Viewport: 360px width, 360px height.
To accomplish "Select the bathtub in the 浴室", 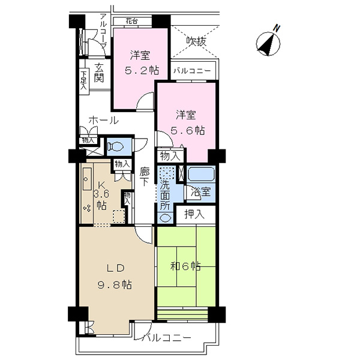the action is coord(201,174).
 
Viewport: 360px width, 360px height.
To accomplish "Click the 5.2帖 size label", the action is coord(142,70).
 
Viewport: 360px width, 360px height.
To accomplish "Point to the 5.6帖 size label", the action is coord(188,131).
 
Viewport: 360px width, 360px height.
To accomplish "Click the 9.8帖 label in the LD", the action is coord(115,284).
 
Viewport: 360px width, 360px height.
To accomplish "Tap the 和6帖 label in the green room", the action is coord(185,266).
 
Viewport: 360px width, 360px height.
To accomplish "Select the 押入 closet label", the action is coord(194,214).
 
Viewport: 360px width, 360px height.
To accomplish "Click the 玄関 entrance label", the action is coord(99,73).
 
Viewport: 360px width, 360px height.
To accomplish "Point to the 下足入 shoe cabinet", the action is coord(83,80).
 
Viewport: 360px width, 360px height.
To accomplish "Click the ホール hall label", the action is coord(104,120).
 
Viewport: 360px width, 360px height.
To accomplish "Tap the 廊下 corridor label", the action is coord(145,177).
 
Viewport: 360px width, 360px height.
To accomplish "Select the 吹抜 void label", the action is coord(196,41).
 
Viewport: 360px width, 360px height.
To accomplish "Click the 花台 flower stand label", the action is coord(132,22).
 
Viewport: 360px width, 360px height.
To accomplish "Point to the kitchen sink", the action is coord(87,179).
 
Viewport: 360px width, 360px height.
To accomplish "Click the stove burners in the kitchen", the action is coord(87,208).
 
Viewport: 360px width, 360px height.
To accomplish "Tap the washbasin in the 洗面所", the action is coord(164,218).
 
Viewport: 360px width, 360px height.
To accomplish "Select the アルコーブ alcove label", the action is coord(104,31).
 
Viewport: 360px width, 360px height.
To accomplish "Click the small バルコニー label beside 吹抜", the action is coord(192,70).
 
